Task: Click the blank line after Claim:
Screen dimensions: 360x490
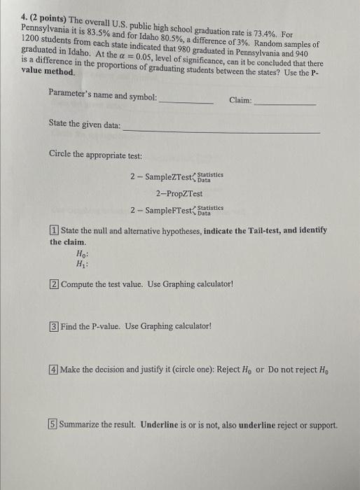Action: coord(285,103)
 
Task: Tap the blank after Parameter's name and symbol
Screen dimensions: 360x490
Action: coord(186,102)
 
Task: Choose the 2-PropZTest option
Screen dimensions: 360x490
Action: coord(179,193)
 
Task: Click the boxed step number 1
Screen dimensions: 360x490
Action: coord(54,231)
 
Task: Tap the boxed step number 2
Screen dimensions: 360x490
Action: coord(54,283)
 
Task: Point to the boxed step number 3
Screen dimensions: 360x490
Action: coord(54,325)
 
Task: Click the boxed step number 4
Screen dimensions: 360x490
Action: coord(54,368)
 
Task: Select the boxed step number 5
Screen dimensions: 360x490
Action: coord(54,424)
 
